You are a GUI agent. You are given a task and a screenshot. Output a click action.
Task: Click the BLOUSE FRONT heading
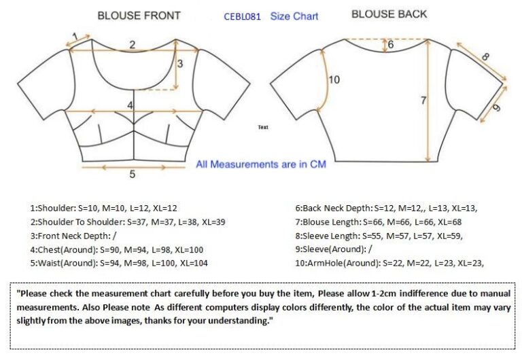coord(139,16)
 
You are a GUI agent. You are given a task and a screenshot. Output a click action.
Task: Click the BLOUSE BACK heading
coord(389,14)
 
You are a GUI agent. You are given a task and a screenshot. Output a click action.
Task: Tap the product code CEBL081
coord(242,16)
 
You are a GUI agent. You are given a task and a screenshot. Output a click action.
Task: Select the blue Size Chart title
coord(294,16)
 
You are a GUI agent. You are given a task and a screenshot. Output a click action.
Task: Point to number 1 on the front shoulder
coord(75,36)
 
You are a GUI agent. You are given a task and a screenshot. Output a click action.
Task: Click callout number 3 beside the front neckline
coord(180,64)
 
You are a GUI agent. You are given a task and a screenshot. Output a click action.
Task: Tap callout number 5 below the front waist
coord(132,174)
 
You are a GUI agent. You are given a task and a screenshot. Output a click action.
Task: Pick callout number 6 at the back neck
coord(391,44)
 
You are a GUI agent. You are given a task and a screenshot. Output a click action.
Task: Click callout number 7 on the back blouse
coord(423,100)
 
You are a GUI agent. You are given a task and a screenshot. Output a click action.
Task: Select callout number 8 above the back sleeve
coord(485,57)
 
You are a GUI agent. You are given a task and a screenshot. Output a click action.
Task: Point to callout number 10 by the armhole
coord(334,80)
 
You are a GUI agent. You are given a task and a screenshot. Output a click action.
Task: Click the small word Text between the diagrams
coord(263,127)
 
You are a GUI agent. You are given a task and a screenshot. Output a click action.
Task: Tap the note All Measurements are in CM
coord(261,164)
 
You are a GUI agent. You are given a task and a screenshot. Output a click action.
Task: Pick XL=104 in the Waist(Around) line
coord(194,263)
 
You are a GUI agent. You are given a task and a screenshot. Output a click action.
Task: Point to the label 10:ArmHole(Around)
coord(338,264)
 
